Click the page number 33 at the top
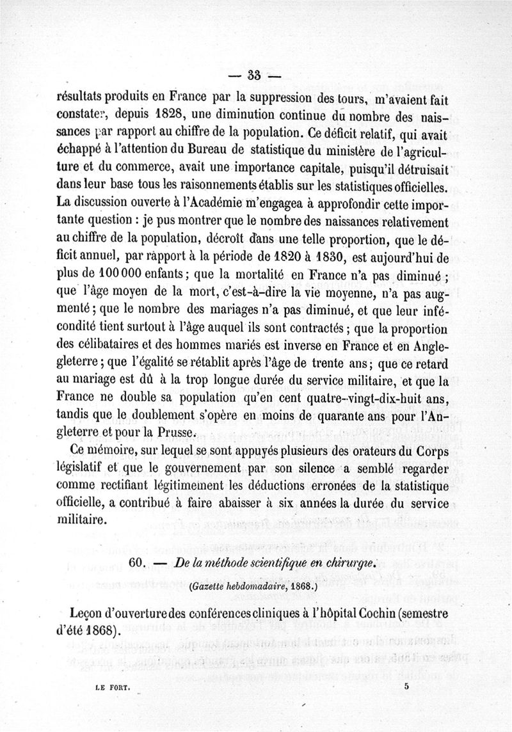255,75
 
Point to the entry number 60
140,562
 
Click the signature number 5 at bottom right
406,685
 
